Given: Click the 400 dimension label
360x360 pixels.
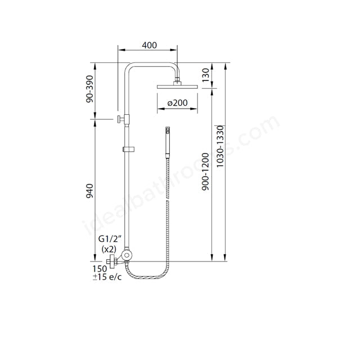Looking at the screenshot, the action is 149,45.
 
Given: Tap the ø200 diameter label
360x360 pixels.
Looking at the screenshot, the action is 178,102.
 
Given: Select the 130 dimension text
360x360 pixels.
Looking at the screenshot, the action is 206,75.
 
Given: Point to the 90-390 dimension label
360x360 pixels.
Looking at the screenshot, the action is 90,89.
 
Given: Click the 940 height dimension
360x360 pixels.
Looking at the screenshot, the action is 90,191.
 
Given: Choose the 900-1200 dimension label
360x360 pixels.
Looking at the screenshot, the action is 205,172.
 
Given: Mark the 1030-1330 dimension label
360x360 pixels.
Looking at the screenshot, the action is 220,146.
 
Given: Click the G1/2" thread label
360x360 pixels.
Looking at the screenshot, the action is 110,239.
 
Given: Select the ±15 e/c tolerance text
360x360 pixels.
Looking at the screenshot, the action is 107,277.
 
